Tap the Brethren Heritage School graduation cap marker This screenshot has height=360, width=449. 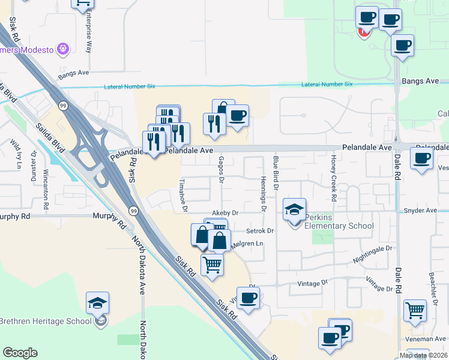(98, 304)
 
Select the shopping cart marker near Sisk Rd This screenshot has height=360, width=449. (212, 264)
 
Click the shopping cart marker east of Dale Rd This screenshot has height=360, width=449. (415, 310)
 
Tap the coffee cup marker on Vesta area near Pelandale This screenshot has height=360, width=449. (421, 159)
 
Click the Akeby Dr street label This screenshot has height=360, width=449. (225, 212)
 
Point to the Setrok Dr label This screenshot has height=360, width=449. (260, 230)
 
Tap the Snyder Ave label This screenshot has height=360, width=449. (420, 211)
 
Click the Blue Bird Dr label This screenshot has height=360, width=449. (276, 173)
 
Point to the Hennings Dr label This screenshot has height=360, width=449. (264, 194)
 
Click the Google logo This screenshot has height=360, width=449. (20, 353)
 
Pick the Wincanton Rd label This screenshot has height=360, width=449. (46, 184)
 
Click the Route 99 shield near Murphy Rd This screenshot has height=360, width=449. (133, 211)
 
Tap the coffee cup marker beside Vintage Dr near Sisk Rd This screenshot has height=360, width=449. (247, 298)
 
